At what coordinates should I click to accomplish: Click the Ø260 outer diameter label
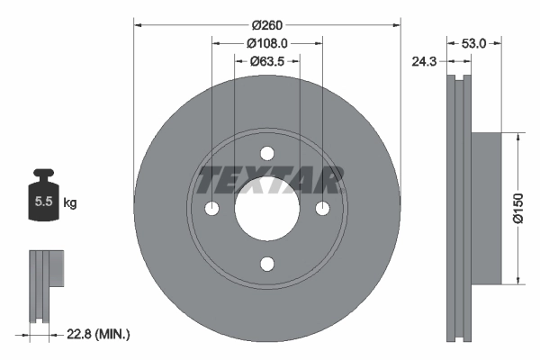[x=267, y=24]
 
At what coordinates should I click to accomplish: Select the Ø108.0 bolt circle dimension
[x=267, y=42]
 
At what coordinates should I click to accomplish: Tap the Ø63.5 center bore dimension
[x=267, y=61]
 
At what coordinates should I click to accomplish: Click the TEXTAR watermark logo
[x=267, y=180]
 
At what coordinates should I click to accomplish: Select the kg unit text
[x=70, y=203]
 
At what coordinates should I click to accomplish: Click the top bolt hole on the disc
[x=267, y=153]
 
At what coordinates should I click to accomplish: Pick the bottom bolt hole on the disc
[x=267, y=264]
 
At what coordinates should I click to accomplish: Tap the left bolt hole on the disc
[x=211, y=209]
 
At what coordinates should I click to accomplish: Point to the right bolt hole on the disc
[x=323, y=209]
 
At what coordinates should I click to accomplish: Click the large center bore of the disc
[x=267, y=209]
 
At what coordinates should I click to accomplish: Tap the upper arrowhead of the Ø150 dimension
[x=517, y=138]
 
